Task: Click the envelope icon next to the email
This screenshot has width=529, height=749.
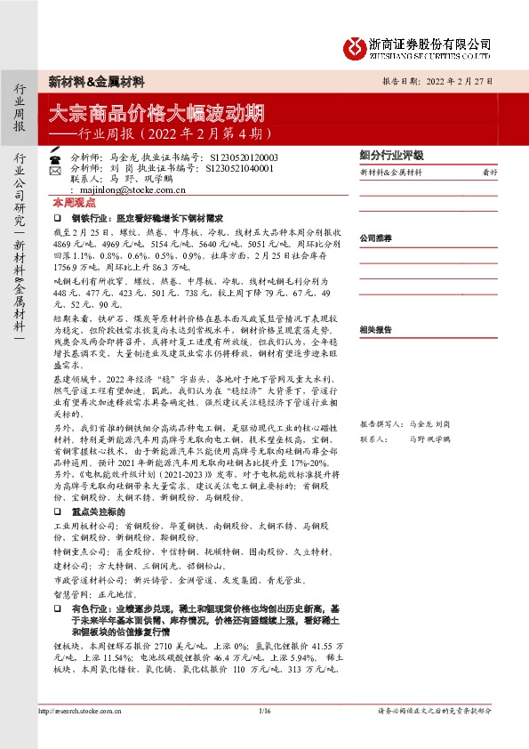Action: [55, 189]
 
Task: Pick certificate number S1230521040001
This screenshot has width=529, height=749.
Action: [240, 166]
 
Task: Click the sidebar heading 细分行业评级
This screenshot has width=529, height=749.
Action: [391, 154]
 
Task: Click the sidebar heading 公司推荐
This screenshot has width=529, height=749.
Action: [375, 239]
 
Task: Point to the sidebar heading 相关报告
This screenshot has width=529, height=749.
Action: [375, 328]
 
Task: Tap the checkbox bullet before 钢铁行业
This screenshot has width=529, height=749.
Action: [57, 217]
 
